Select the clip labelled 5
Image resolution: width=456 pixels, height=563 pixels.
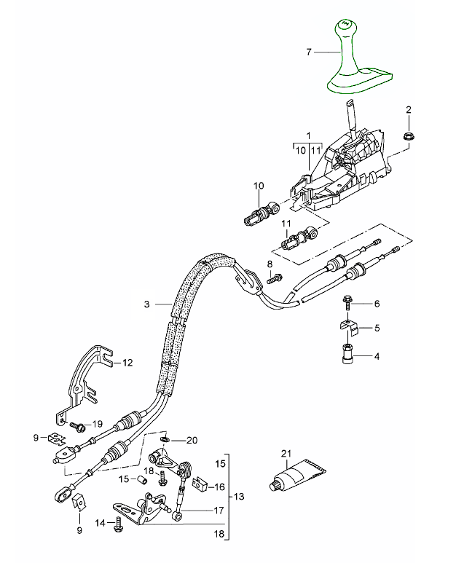click(x=349, y=327)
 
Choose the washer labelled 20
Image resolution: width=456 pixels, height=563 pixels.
click(x=167, y=441)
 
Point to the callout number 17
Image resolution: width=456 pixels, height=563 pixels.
click(x=219, y=511)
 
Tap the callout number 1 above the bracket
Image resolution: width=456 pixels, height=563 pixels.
click(x=308, y=135)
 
